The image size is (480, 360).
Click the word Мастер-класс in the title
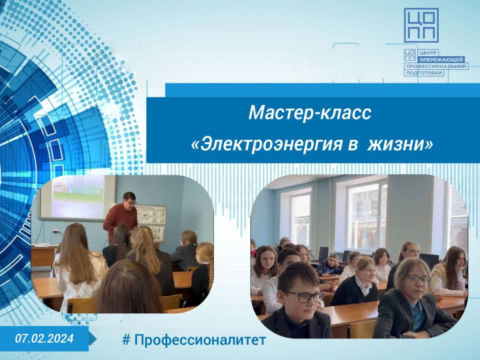click(310, 112)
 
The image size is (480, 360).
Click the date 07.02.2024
click(45, 338)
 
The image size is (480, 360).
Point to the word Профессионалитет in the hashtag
click(200, 340)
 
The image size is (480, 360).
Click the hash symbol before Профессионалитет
click(126, 340)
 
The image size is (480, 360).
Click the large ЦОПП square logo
click(421, 25)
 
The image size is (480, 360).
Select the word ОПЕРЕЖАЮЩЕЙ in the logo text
click(442, 60)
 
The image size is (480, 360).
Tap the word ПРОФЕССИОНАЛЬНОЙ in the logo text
click(436, 66)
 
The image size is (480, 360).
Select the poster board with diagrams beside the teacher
click(151, 223)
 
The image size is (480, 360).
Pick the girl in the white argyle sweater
click(79, 266)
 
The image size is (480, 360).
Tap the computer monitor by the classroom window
click(323, 254)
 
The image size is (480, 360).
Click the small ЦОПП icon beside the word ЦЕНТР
click(410, 54)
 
